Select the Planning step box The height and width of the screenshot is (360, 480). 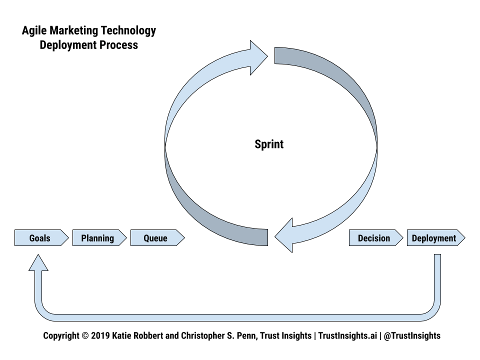click(98, 238)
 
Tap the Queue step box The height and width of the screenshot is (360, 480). click(156, 238)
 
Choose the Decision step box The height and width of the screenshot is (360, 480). click(374, 238)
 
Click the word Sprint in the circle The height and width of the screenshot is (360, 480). click(269, 144)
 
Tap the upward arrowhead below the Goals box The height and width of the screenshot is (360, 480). click(38, 262)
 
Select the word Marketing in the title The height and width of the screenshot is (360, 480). click(74, 31)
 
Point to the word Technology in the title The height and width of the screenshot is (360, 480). click(128, 31)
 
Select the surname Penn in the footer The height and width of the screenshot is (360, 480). click(244, 335)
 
